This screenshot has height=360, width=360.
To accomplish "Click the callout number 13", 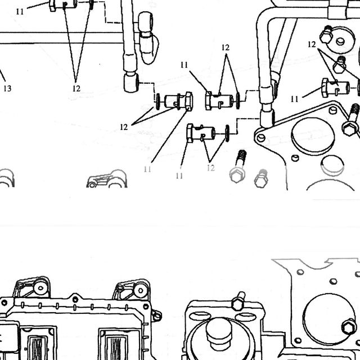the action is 7,88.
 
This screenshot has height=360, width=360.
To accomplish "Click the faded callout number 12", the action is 211,168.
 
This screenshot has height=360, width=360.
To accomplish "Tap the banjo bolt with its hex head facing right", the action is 179,101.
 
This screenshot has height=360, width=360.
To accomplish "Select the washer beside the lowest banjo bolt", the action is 227,133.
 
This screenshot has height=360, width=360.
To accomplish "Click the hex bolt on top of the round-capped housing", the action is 238,301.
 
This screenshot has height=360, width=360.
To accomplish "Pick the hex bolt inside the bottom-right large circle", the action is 349,326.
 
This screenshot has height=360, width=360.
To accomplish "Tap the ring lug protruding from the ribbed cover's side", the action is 157,316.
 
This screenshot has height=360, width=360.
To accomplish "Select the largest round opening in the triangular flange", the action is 313,137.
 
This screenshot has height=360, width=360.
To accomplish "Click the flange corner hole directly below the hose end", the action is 261,138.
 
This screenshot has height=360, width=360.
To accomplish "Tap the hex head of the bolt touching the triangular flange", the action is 349,129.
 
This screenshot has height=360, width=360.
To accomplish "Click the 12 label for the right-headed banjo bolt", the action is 124,127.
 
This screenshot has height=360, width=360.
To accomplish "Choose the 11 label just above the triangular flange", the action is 294,99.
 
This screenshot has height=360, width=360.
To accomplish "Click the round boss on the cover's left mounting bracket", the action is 40,287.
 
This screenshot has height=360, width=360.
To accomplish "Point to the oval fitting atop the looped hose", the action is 146,22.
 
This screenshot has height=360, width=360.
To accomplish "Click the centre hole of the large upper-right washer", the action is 340,42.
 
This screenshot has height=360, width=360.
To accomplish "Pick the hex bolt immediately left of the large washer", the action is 326,35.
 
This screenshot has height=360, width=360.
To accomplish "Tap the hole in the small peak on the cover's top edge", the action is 75,299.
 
